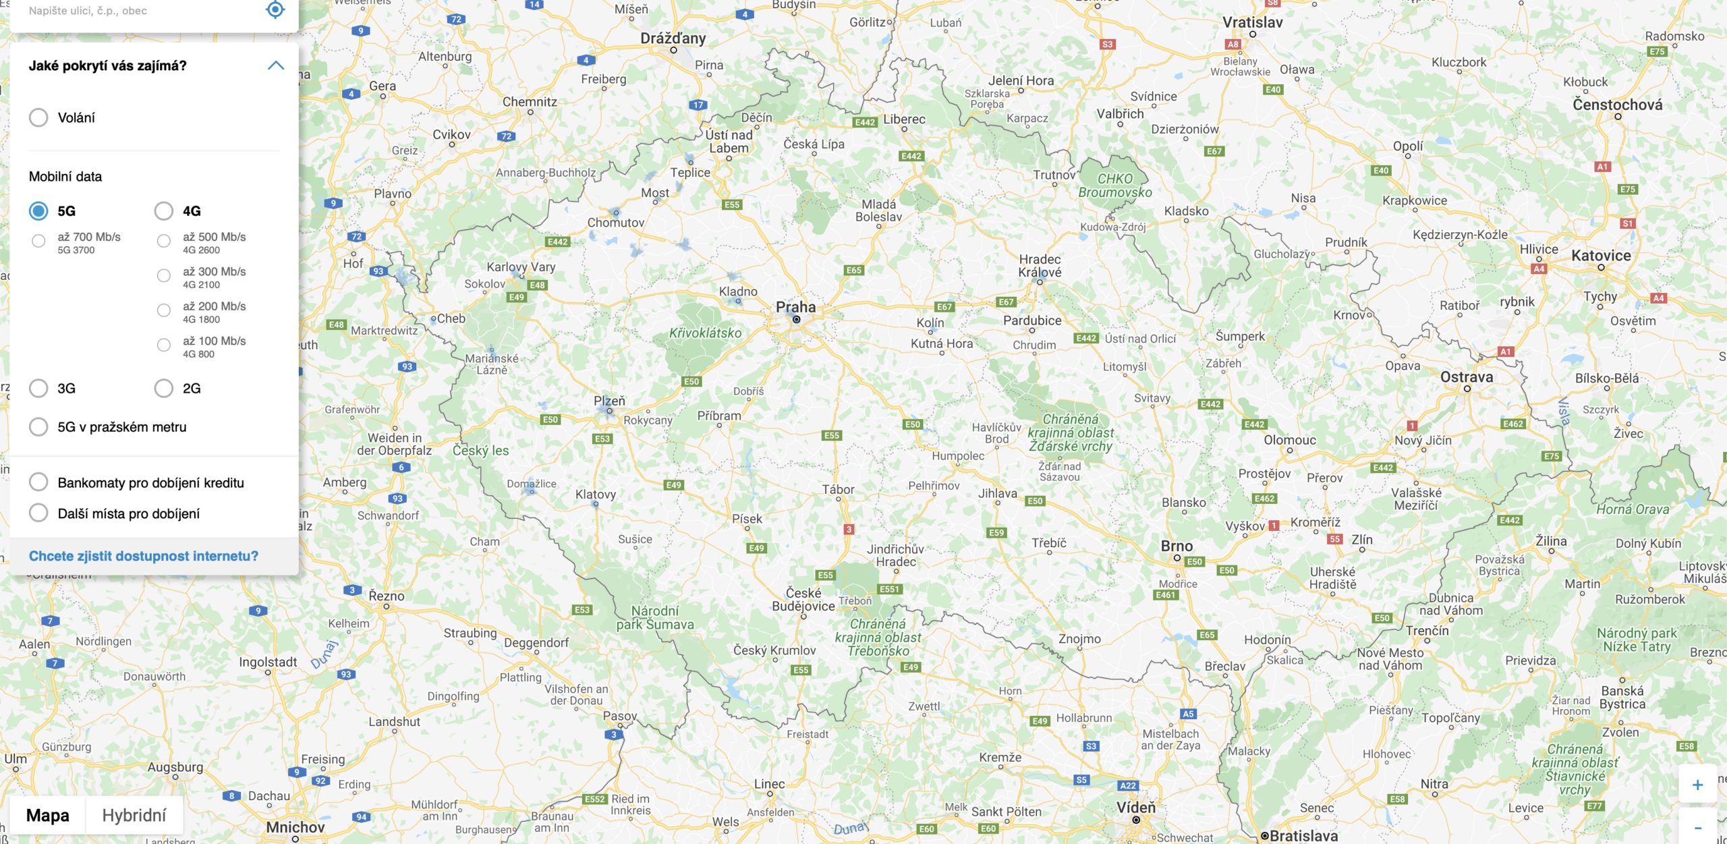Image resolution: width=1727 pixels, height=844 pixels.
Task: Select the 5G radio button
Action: (38, 211)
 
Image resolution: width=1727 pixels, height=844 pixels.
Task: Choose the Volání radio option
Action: (38, 117)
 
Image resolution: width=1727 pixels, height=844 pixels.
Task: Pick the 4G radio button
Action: (164, 211)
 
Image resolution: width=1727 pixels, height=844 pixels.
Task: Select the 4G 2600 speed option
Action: (164, 241)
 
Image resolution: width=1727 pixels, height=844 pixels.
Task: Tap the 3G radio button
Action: (38, 388)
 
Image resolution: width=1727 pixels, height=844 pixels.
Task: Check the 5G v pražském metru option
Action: (38, 427)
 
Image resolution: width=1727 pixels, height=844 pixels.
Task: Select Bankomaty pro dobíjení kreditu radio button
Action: (38, 482)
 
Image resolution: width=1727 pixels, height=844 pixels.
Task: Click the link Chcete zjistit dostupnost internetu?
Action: (143, 556)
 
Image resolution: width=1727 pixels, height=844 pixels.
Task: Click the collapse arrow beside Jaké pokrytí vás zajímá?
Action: (275, 65)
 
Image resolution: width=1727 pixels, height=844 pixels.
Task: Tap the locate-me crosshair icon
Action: (275, 9)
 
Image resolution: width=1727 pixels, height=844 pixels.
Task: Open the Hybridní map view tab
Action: (134, 815)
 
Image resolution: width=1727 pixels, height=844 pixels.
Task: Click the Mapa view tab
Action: (47, 815)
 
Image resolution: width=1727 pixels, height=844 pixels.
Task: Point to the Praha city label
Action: (795, 308)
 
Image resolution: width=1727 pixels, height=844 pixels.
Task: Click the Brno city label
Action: (1177, 546)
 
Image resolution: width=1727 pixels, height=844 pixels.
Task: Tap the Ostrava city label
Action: (1466, 377)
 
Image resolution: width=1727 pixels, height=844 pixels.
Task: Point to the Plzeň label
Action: (609, 401)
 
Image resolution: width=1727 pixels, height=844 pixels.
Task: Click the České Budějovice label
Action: (803, 599)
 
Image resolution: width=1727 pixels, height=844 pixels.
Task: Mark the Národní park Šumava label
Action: (654, 617)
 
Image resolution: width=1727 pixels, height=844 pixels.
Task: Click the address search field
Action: (135, 11)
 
